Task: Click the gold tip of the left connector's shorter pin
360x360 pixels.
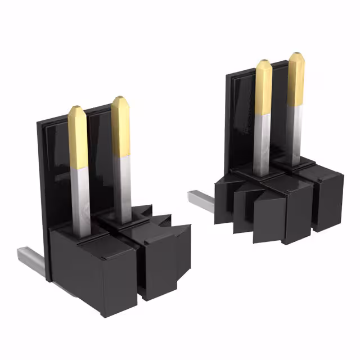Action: click(78, 138)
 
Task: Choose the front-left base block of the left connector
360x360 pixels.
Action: click(79, 270)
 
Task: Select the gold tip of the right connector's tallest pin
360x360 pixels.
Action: click(296, 79)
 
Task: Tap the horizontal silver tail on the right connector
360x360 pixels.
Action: click(201, 200)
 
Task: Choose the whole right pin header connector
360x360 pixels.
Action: click(276, 163)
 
